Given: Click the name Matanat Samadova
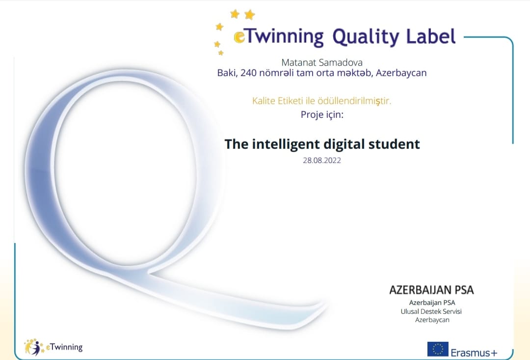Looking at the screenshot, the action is [x=322, y=62].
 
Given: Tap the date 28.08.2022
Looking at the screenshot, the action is [x=322, y=161].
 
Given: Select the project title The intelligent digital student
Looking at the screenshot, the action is [x=322, y=144].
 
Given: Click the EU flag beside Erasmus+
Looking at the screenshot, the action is [x=438, y=349].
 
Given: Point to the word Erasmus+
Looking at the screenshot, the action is [x=474, y=353].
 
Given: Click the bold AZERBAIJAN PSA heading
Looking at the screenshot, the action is [x=432, y=290].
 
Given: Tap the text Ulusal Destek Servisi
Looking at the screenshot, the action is [x=431, y=311].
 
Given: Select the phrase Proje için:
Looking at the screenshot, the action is [x=322, y=115].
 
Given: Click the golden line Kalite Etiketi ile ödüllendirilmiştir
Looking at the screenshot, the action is [x=321, y=101].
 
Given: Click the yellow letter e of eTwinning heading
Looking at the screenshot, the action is [x=239, y=37].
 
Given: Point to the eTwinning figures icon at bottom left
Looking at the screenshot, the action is [x=33, y=347].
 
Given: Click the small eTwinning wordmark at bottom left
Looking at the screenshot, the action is [x=64, y=347].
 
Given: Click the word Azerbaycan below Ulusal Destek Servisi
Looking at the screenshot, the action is [x=432, y=320].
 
